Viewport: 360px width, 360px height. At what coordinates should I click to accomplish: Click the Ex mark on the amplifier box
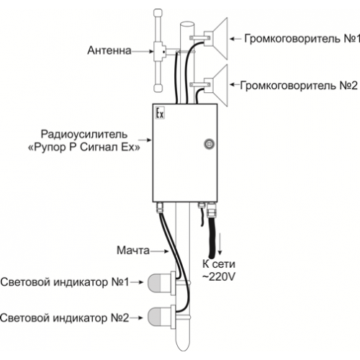tap(160, 113)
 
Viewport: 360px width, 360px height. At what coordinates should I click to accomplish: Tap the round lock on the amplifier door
tap(209, 144)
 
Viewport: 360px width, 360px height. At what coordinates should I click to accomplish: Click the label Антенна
tap(109, 50)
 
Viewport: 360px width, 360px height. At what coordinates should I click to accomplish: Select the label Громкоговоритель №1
tap(302, 38)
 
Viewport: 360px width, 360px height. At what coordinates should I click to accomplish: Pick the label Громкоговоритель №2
tap(299, 85)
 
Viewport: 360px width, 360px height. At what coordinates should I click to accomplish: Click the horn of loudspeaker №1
tap(220, 38)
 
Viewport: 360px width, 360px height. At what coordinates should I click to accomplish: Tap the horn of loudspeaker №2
tap(220, 85)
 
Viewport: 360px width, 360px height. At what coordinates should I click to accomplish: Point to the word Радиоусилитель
tap(84, 134)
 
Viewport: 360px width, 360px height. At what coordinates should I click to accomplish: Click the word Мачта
tap(133, 250)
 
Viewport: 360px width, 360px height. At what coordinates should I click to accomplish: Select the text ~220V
tap(219, 276)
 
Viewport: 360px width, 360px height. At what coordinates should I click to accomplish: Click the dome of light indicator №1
tap(159, 283)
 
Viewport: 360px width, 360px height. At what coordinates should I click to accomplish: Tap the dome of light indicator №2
tap(159, 318)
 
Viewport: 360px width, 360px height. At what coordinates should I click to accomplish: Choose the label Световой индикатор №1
tap(65, 282)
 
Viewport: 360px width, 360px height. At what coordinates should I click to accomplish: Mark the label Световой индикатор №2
tap(65, 318)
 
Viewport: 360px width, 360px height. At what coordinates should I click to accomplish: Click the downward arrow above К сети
tap(220, 243)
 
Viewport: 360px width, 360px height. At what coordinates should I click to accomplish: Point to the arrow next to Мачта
tap(159, 251)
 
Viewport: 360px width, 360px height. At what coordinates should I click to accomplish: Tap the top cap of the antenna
tap(158, 13)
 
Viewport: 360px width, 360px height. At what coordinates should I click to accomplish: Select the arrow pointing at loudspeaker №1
tap(235, 38)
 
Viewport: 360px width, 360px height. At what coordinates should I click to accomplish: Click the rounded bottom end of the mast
tap(183, 346)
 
